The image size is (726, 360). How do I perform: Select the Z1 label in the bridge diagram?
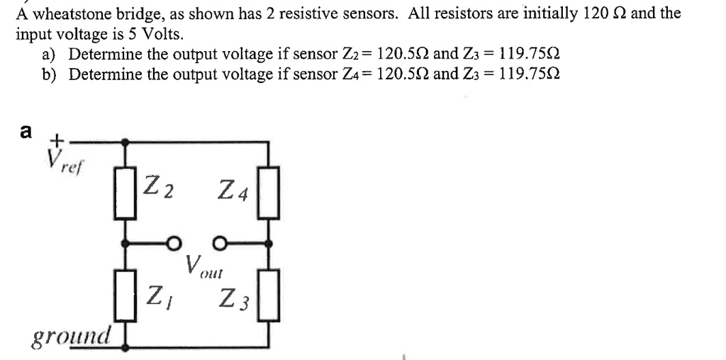pos(160,293)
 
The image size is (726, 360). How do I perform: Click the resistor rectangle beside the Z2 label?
pos(127,193)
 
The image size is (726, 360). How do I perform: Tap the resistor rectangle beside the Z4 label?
pos(269,192)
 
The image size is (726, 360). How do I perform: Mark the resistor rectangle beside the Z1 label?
pos(127,294)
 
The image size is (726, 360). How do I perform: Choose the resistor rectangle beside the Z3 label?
pos(269,294)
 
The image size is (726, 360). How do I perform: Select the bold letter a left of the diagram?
pos(26,131)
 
